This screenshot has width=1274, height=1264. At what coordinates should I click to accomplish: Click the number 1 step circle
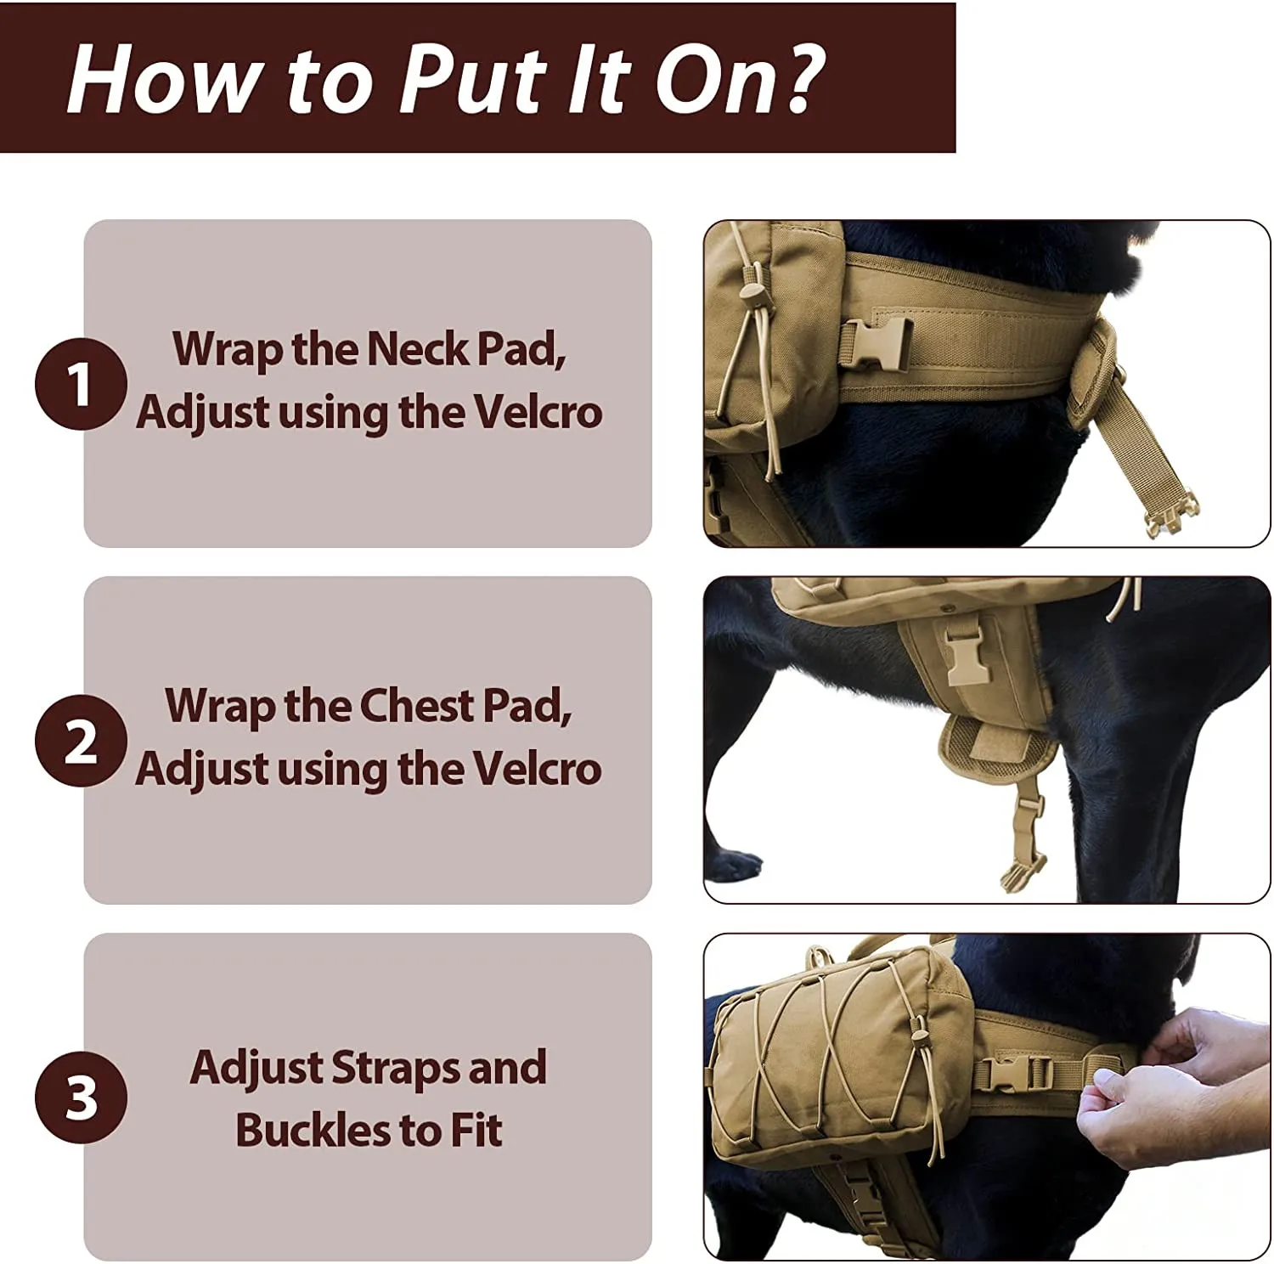pyautogui.click(x=81, y=384)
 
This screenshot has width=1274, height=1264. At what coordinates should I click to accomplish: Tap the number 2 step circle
pyautogui.click(x=81, y=741)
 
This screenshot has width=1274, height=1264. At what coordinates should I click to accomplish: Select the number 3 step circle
pyautogui.click(x=81, y=1097)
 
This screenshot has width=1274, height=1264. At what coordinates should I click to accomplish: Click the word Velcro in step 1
pyautogui.click(x=537, y=412)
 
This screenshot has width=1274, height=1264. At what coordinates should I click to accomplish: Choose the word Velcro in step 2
pyautogui.click(x=537, y=769)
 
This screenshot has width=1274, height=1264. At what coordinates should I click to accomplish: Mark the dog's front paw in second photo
pyautogui.click(x=737, y=865)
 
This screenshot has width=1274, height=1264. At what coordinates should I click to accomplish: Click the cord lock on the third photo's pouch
pyautogui.click(x=918, y=1036)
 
